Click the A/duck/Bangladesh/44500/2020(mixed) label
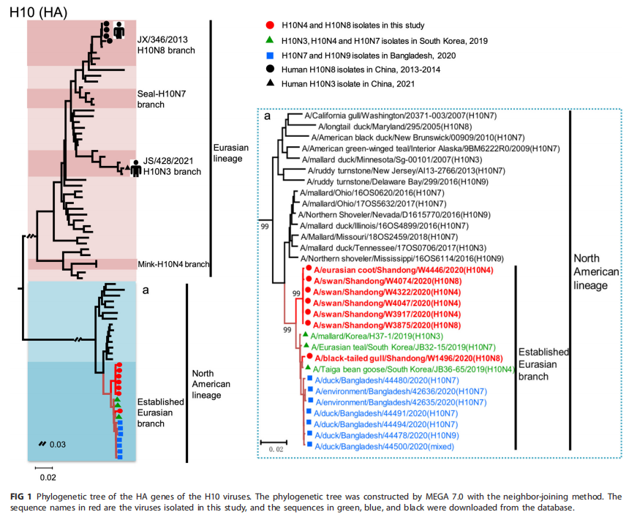click(x=375, y=445)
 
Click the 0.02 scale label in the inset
click(x=274, y=449)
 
